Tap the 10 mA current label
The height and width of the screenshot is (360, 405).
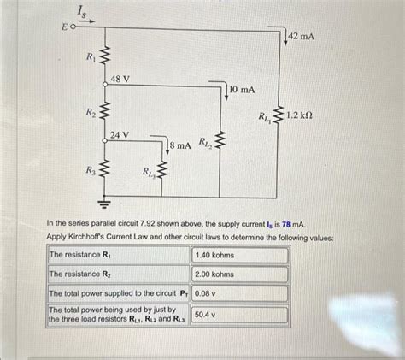pyautogui.click(x=244, y=89)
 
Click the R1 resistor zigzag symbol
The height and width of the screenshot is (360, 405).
pyautogui.click(x=105, y=57)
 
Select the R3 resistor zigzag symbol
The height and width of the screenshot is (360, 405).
pyautogui.click(x=105, y=170)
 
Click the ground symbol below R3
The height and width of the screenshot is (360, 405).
pyautogui.click(x=105, y=205)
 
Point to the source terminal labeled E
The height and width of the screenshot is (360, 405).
pyautogui.click(x=67, y=28)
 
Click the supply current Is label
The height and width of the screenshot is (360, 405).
pyautogui.click(x=81, y=11)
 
